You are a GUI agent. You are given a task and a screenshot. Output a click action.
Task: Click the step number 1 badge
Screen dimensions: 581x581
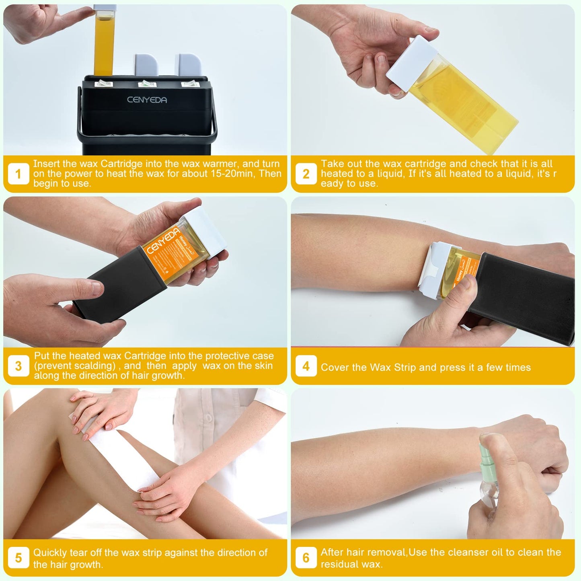[x=18, y=174]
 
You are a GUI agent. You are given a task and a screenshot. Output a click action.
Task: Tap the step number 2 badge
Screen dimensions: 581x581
[x=306, y=174]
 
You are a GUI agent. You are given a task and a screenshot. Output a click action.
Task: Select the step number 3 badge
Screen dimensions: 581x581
[x=18, y=366]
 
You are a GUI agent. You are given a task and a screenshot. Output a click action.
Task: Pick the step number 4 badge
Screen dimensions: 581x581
[x=306, y=366]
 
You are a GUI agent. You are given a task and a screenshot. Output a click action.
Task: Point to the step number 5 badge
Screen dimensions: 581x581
[x=18, y=558]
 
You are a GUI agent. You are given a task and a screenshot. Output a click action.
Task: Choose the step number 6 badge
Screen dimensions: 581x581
[x=306, y=558]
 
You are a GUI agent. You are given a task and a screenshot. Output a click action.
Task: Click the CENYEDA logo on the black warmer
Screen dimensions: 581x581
[x=147, y=100]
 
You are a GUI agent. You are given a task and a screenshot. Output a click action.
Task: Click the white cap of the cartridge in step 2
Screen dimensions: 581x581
[x=411, y=63]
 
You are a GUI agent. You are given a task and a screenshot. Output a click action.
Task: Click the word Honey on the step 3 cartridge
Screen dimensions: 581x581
[x=183, y=241]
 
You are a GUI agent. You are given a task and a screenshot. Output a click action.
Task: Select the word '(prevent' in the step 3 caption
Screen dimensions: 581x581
[x=52, y=366]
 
